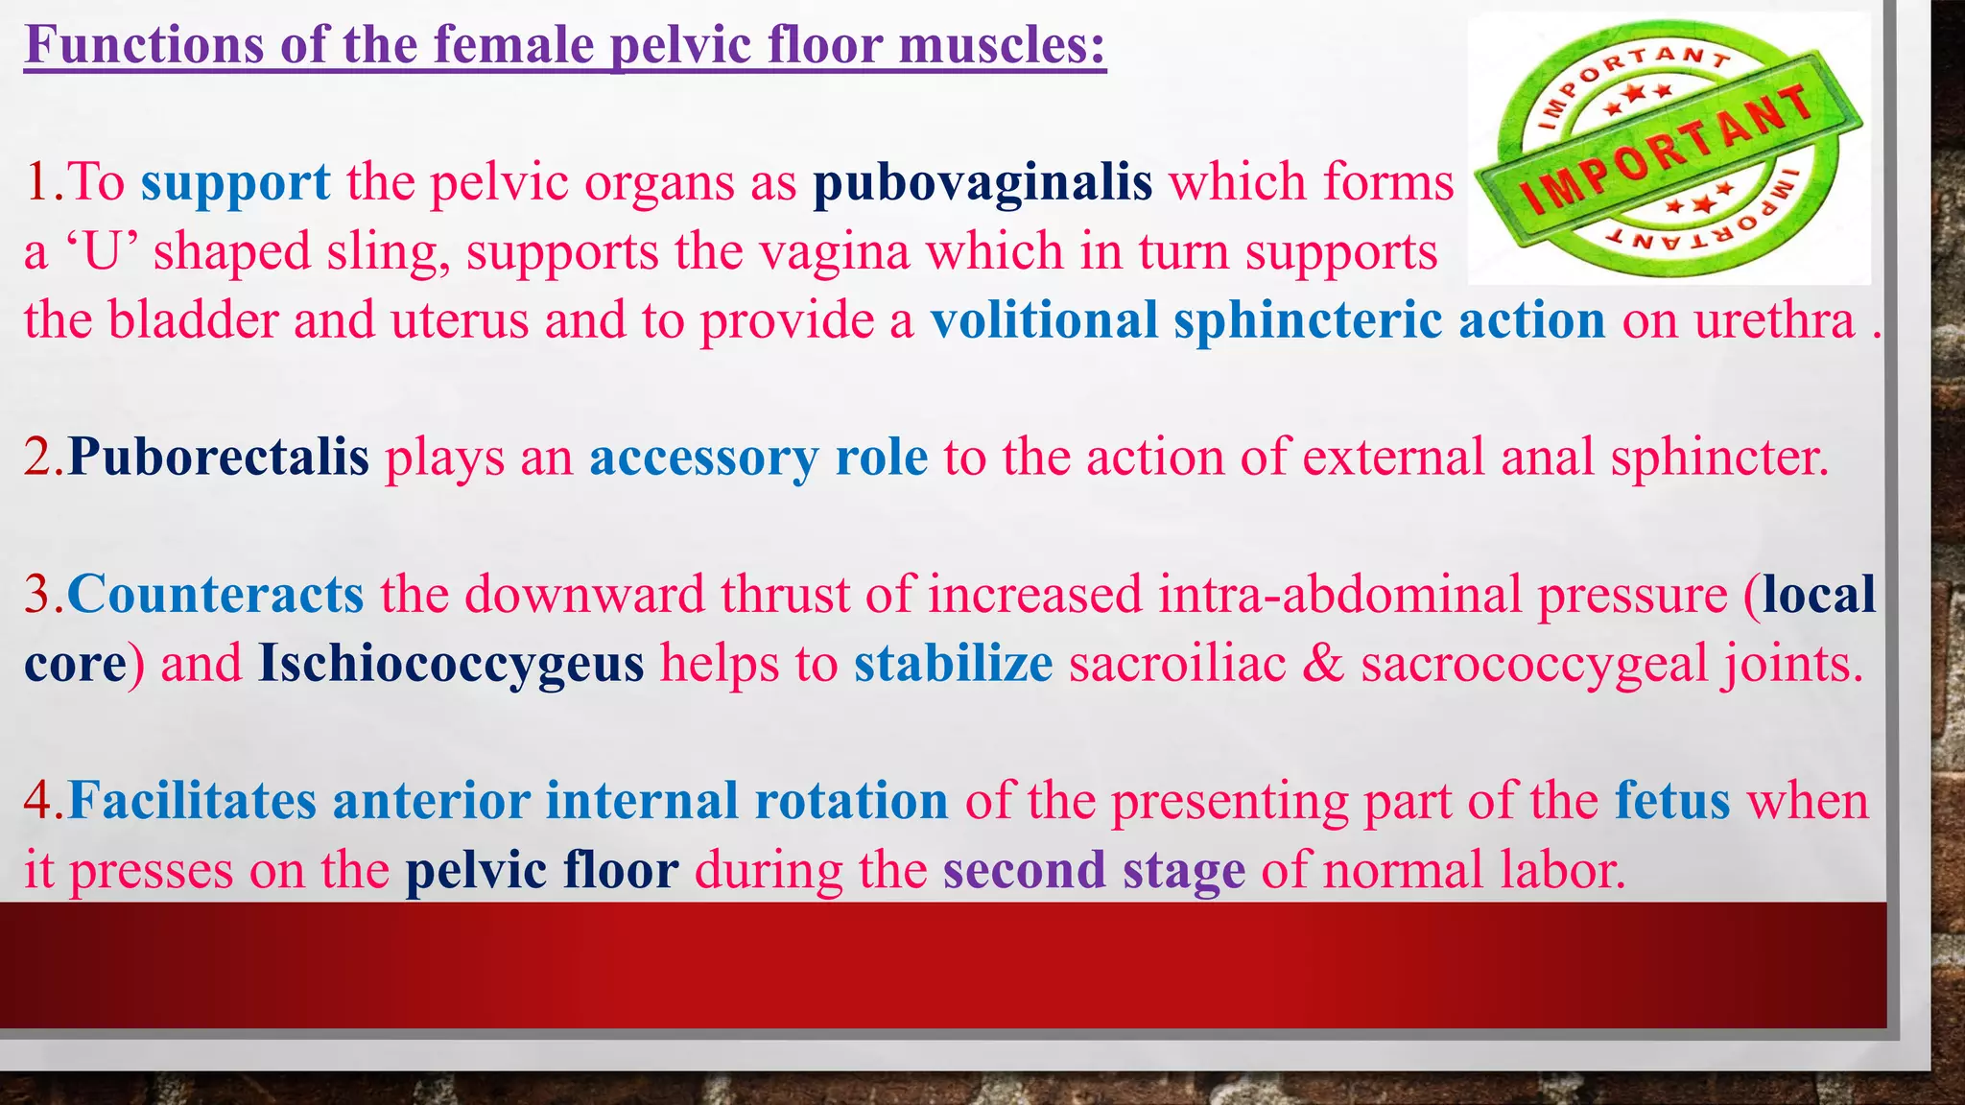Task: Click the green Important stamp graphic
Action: [x=1669, y=149]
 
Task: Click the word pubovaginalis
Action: [x=982, y=182]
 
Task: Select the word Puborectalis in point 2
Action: [x=219, y=457]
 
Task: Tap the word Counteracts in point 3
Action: [x=216, y=594]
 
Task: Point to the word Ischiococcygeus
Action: [x=451, y=664]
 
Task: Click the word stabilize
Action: [x=953, y=664]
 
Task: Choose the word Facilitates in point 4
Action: [x=192, y=801]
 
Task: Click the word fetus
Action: [x=1672, y=801]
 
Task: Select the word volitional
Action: [x=1044, y=320]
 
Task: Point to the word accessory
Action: [x=703, y=458]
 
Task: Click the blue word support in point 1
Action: [x=235, y=182]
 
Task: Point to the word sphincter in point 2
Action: [x=1718, y=458]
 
